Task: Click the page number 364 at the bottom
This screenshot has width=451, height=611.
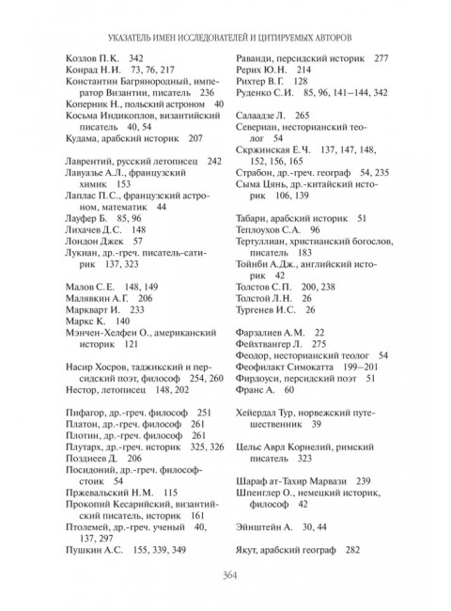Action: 225,580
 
